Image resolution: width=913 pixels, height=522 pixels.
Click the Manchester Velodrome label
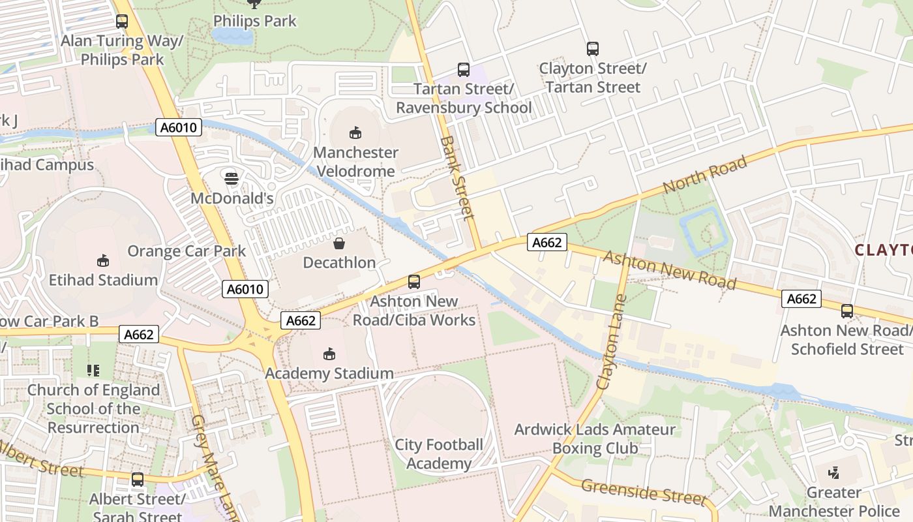tap(355, 162)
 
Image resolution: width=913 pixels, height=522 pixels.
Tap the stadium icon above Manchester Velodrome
tap(355, 133)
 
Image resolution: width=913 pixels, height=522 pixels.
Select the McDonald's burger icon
tap(231, 177)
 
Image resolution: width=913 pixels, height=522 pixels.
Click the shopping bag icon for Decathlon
tap(339, 243)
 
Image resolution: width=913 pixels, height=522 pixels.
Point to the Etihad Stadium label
tap(103, 280)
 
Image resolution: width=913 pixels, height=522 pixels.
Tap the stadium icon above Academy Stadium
tap(329, 354)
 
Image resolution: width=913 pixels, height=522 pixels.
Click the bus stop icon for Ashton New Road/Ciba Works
tap(414, 282)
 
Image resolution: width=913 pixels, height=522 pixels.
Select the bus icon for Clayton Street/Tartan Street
tap(592, 49)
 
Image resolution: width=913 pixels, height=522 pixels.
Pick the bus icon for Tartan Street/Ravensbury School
tap(464, 69)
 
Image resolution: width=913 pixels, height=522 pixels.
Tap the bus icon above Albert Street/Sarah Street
tap(138, 480)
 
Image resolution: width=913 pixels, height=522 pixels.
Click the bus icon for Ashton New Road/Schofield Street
tap(847, 311)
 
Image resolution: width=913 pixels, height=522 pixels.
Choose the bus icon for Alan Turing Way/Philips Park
tap(122, 22)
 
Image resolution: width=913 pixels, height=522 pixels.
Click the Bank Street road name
tap(456, 177)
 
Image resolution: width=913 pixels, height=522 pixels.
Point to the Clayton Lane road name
tap(610, 343)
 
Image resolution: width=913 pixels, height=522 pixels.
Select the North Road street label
tap(705, 174)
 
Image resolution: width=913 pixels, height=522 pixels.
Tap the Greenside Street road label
tap(643, 491)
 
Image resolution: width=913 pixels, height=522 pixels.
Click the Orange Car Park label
tap(187, 251)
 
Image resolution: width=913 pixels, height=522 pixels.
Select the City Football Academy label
tap(439, 454)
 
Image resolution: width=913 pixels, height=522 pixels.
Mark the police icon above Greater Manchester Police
tap(833, 472)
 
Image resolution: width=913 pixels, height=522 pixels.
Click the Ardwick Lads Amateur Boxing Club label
tap(595, 438)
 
